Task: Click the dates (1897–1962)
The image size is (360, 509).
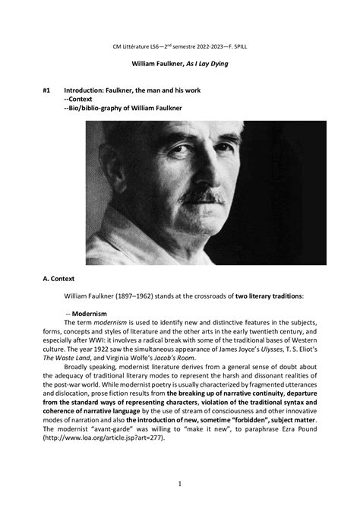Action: point(148,296)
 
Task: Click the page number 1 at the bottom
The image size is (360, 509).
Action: point(179,483)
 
